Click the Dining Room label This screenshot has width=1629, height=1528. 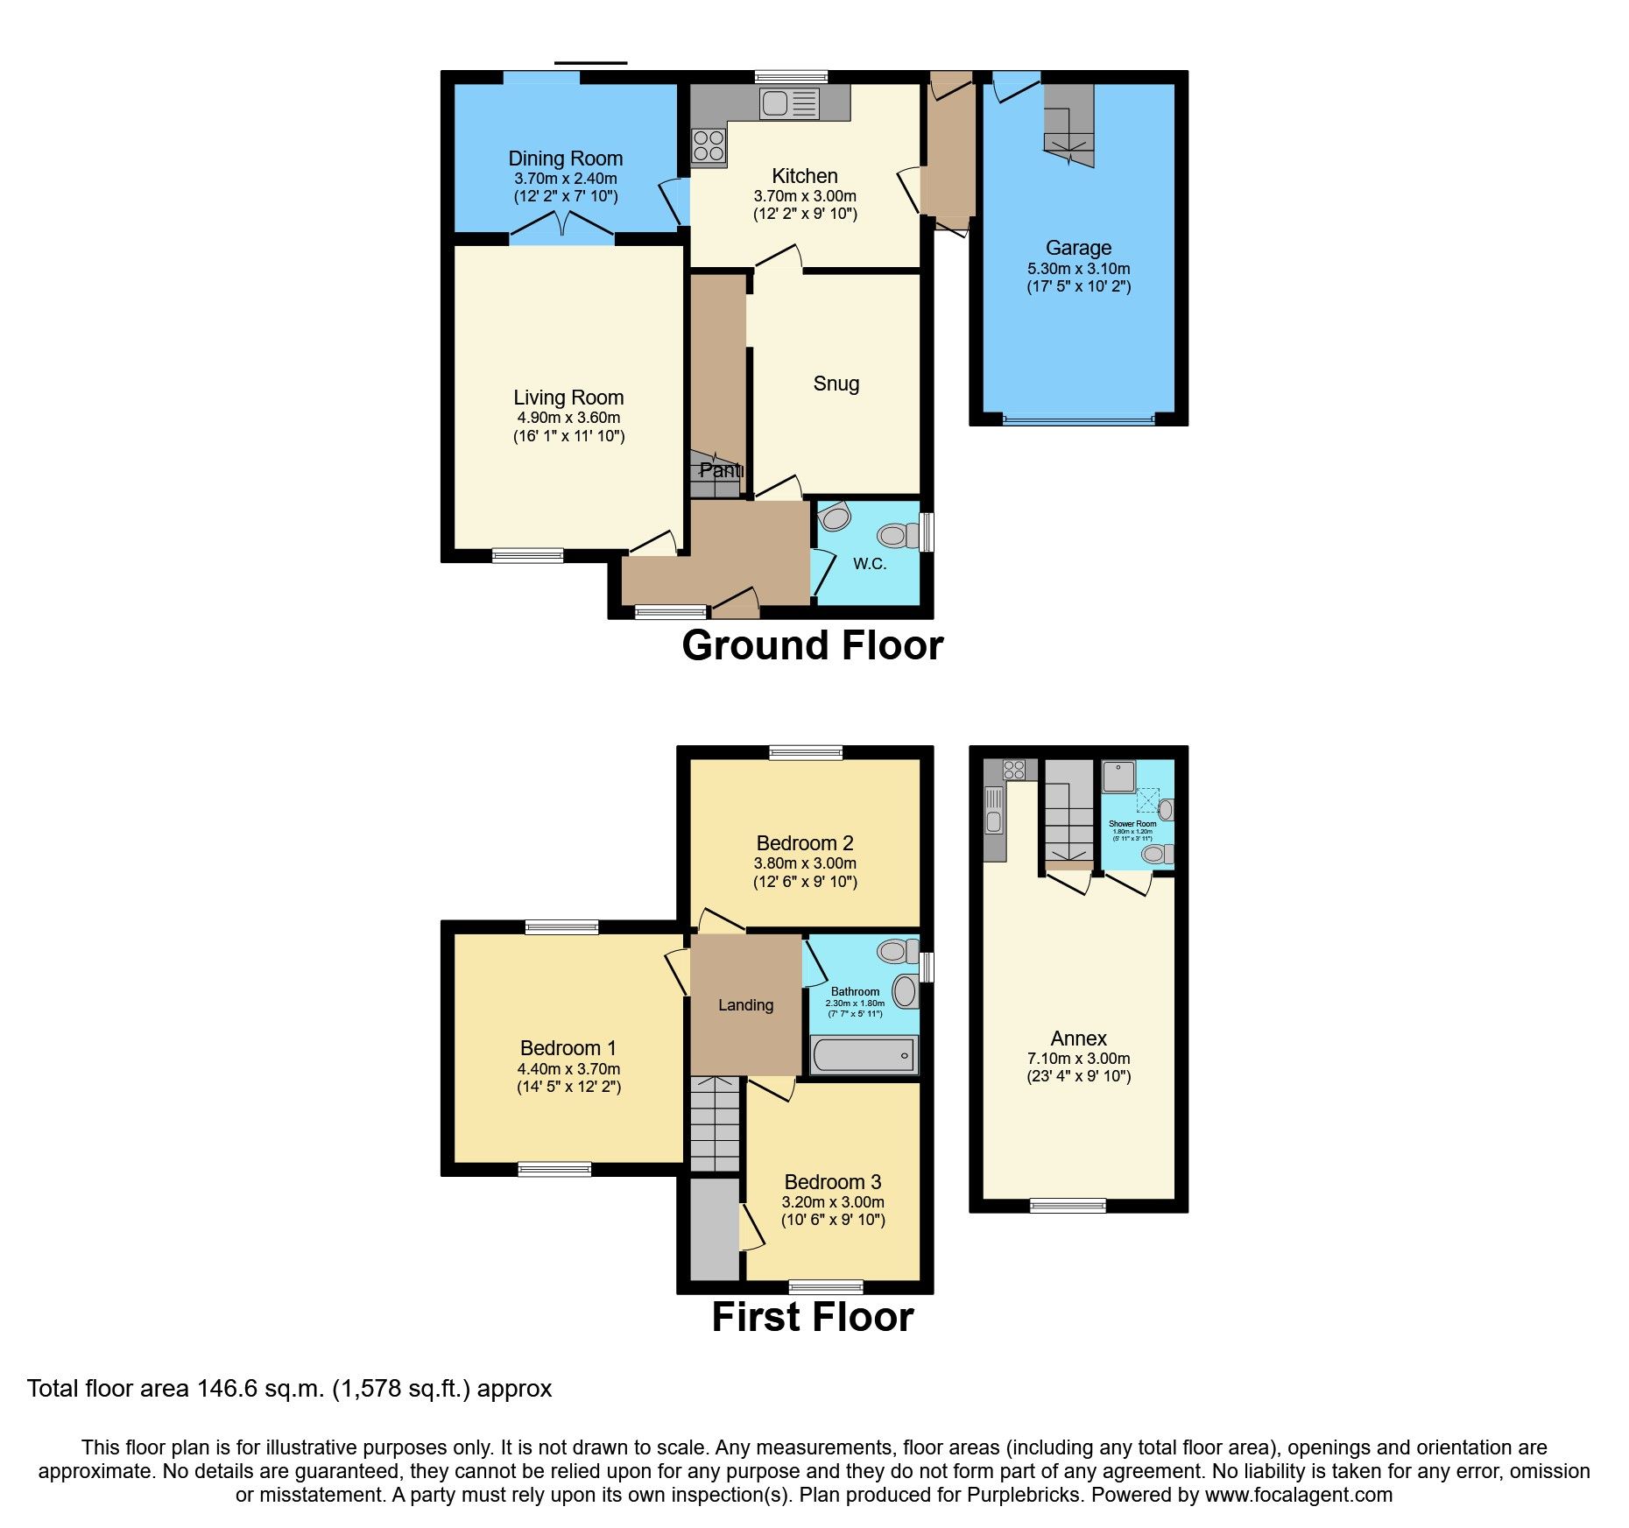click(x=565, y=158)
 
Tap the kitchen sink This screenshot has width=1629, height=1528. click(x=789, y=103)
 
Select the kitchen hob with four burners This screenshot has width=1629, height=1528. click(x=709, y=146)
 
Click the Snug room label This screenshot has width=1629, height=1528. click(x=836, y=384)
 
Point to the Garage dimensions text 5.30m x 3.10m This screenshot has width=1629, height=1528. click(x=1078, y=269)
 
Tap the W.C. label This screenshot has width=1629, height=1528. click(x=870, y=564)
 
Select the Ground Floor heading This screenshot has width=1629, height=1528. click(x=812, y=646)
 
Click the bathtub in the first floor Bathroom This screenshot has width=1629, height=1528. click(x=864, y=1055)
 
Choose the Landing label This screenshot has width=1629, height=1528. click(x=745, y=1005)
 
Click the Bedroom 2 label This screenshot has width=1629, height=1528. click(x=804, y=843)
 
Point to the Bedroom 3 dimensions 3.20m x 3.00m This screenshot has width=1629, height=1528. click(x=832, y=1202)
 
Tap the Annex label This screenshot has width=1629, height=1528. click(x=1078, y=1039)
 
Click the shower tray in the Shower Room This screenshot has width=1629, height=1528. click(x=1118, y=777)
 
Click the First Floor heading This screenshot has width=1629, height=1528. click(x=812, y=1318)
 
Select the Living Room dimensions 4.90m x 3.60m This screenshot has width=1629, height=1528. click(x=568, y=419)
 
